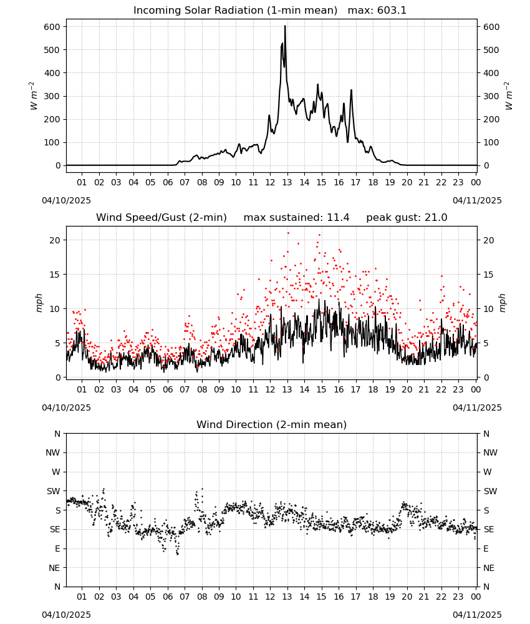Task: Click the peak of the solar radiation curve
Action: (x=285, y=26)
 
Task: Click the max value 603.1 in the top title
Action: (x=392, y=11)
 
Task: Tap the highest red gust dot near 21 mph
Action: (x=288, y=233)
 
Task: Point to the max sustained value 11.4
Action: (x=339, y=218)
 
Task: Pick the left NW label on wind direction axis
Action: (x=53, y=453)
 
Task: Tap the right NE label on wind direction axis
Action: (x=489, y=568)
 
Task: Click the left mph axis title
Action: (x=39, y=303)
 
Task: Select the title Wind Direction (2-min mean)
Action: (x=272, y=424)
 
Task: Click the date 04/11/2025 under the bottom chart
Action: (x=477, y=615)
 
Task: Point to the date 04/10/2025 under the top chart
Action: (x=66, y=200)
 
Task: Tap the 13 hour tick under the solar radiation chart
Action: (x=287, y=182)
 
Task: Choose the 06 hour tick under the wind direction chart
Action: (x=168, y=597)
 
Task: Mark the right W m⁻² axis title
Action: (x=509, y=96)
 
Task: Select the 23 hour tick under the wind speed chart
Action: (x=458, y=389)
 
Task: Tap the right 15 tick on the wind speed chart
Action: (x=489, y=275)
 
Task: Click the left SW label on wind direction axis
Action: (x=54, y=492)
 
